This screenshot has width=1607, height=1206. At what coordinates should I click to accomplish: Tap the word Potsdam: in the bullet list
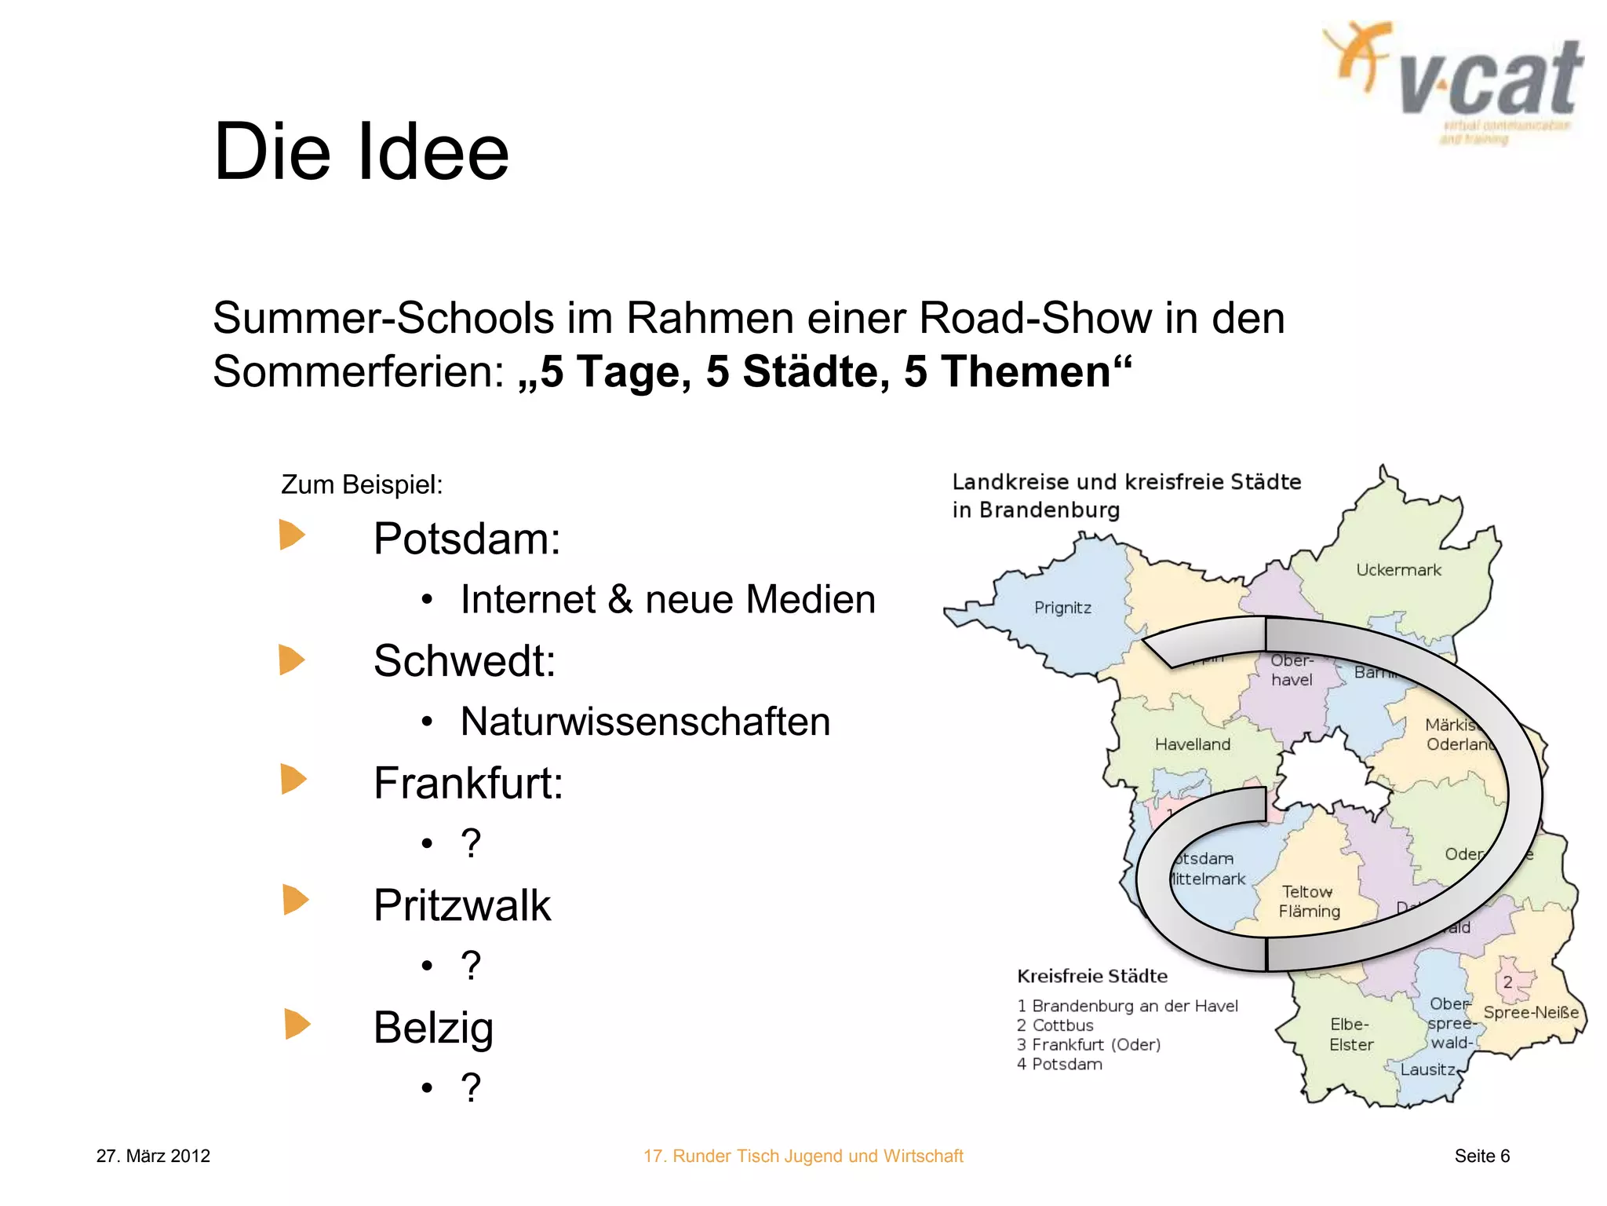click(467, 539)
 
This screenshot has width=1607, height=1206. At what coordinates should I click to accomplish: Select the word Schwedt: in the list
click(465, 661)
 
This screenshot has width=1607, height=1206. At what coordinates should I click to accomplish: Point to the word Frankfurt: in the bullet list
click(468, 784)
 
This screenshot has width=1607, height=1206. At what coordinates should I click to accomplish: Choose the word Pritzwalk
click(462, 905)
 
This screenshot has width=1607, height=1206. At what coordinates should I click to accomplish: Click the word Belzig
click(433, 1028)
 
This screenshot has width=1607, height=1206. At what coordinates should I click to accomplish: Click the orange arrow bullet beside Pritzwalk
click(295, 900)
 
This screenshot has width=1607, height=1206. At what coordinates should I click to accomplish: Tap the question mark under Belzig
click(471, 1088)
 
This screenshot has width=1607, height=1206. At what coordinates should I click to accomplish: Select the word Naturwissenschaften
click(645, 722)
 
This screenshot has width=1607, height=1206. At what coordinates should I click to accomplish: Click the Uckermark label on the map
click(1398, 570)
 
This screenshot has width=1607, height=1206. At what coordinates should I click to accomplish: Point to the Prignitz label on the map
click(1062, 608)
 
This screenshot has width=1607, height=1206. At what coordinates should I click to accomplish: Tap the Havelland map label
click(1192, 744)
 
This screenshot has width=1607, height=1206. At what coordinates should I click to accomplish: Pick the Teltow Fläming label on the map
click(1309, 901)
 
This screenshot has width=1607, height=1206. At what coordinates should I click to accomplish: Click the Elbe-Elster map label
click(1350, 1035)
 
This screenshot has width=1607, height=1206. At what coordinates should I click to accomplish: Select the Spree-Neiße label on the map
click(1530, 1013)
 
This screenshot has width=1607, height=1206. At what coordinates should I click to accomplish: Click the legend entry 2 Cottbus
click(1055, 1025)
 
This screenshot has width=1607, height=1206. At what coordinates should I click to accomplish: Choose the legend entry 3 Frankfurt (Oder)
click(1088, 1045)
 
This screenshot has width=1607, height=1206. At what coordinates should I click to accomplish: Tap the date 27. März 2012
click(153, 1156)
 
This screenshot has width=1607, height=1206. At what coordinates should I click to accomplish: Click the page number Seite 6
click(1481, 1156)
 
